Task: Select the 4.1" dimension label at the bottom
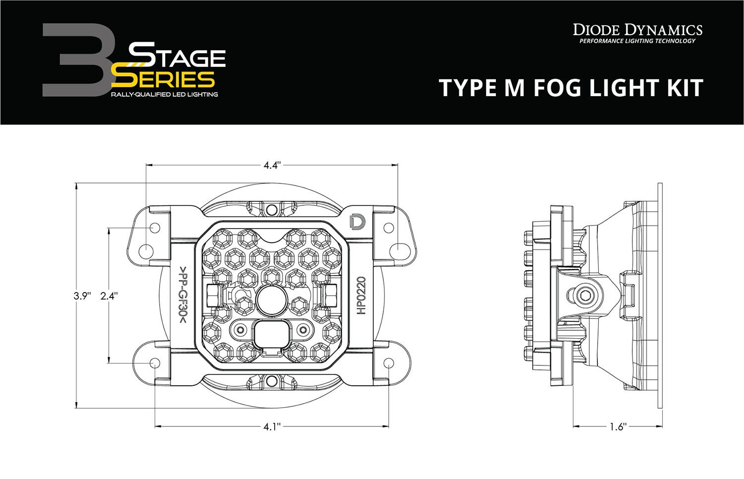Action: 272,426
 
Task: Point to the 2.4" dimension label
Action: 109,296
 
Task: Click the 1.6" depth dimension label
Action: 618,426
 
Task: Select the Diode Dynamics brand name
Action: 637,29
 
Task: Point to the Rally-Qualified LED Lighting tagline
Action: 164,94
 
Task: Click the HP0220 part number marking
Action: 361,296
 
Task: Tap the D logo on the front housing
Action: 356,222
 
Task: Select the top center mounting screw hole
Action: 271,210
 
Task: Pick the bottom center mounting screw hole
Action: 271,381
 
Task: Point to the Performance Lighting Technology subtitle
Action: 637,41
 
